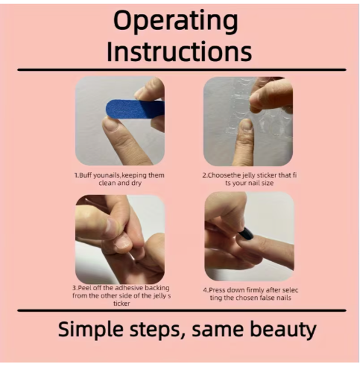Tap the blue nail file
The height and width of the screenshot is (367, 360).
[x=136, y=109]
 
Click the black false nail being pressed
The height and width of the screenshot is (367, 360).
[x=245, y=233]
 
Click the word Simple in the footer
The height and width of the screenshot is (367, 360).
[x=91, y=329]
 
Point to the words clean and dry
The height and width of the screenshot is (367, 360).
[x=120, y=183]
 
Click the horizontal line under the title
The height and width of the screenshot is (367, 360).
[x=182, y=70]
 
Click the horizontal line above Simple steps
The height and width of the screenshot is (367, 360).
[x=182, y=311]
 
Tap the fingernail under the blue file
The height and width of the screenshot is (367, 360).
[x=111, y=123]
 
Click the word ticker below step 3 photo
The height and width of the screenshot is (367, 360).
[x=122, y=303]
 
